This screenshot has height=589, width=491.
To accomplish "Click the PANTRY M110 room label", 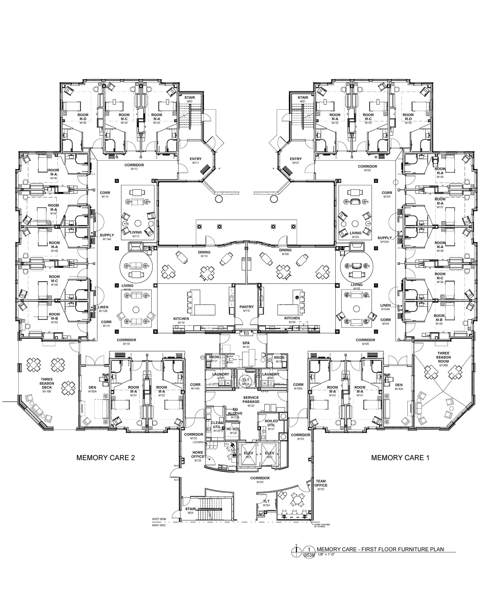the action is click(246, 308).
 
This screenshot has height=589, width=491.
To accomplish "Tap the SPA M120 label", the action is click(246, 345).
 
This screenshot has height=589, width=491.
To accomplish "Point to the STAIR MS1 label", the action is click(303, 99).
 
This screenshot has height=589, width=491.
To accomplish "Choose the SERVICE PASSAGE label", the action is click(251, 401).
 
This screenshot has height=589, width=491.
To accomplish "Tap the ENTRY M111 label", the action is click(196, 160).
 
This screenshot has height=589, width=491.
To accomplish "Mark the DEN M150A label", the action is click(92, 389).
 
